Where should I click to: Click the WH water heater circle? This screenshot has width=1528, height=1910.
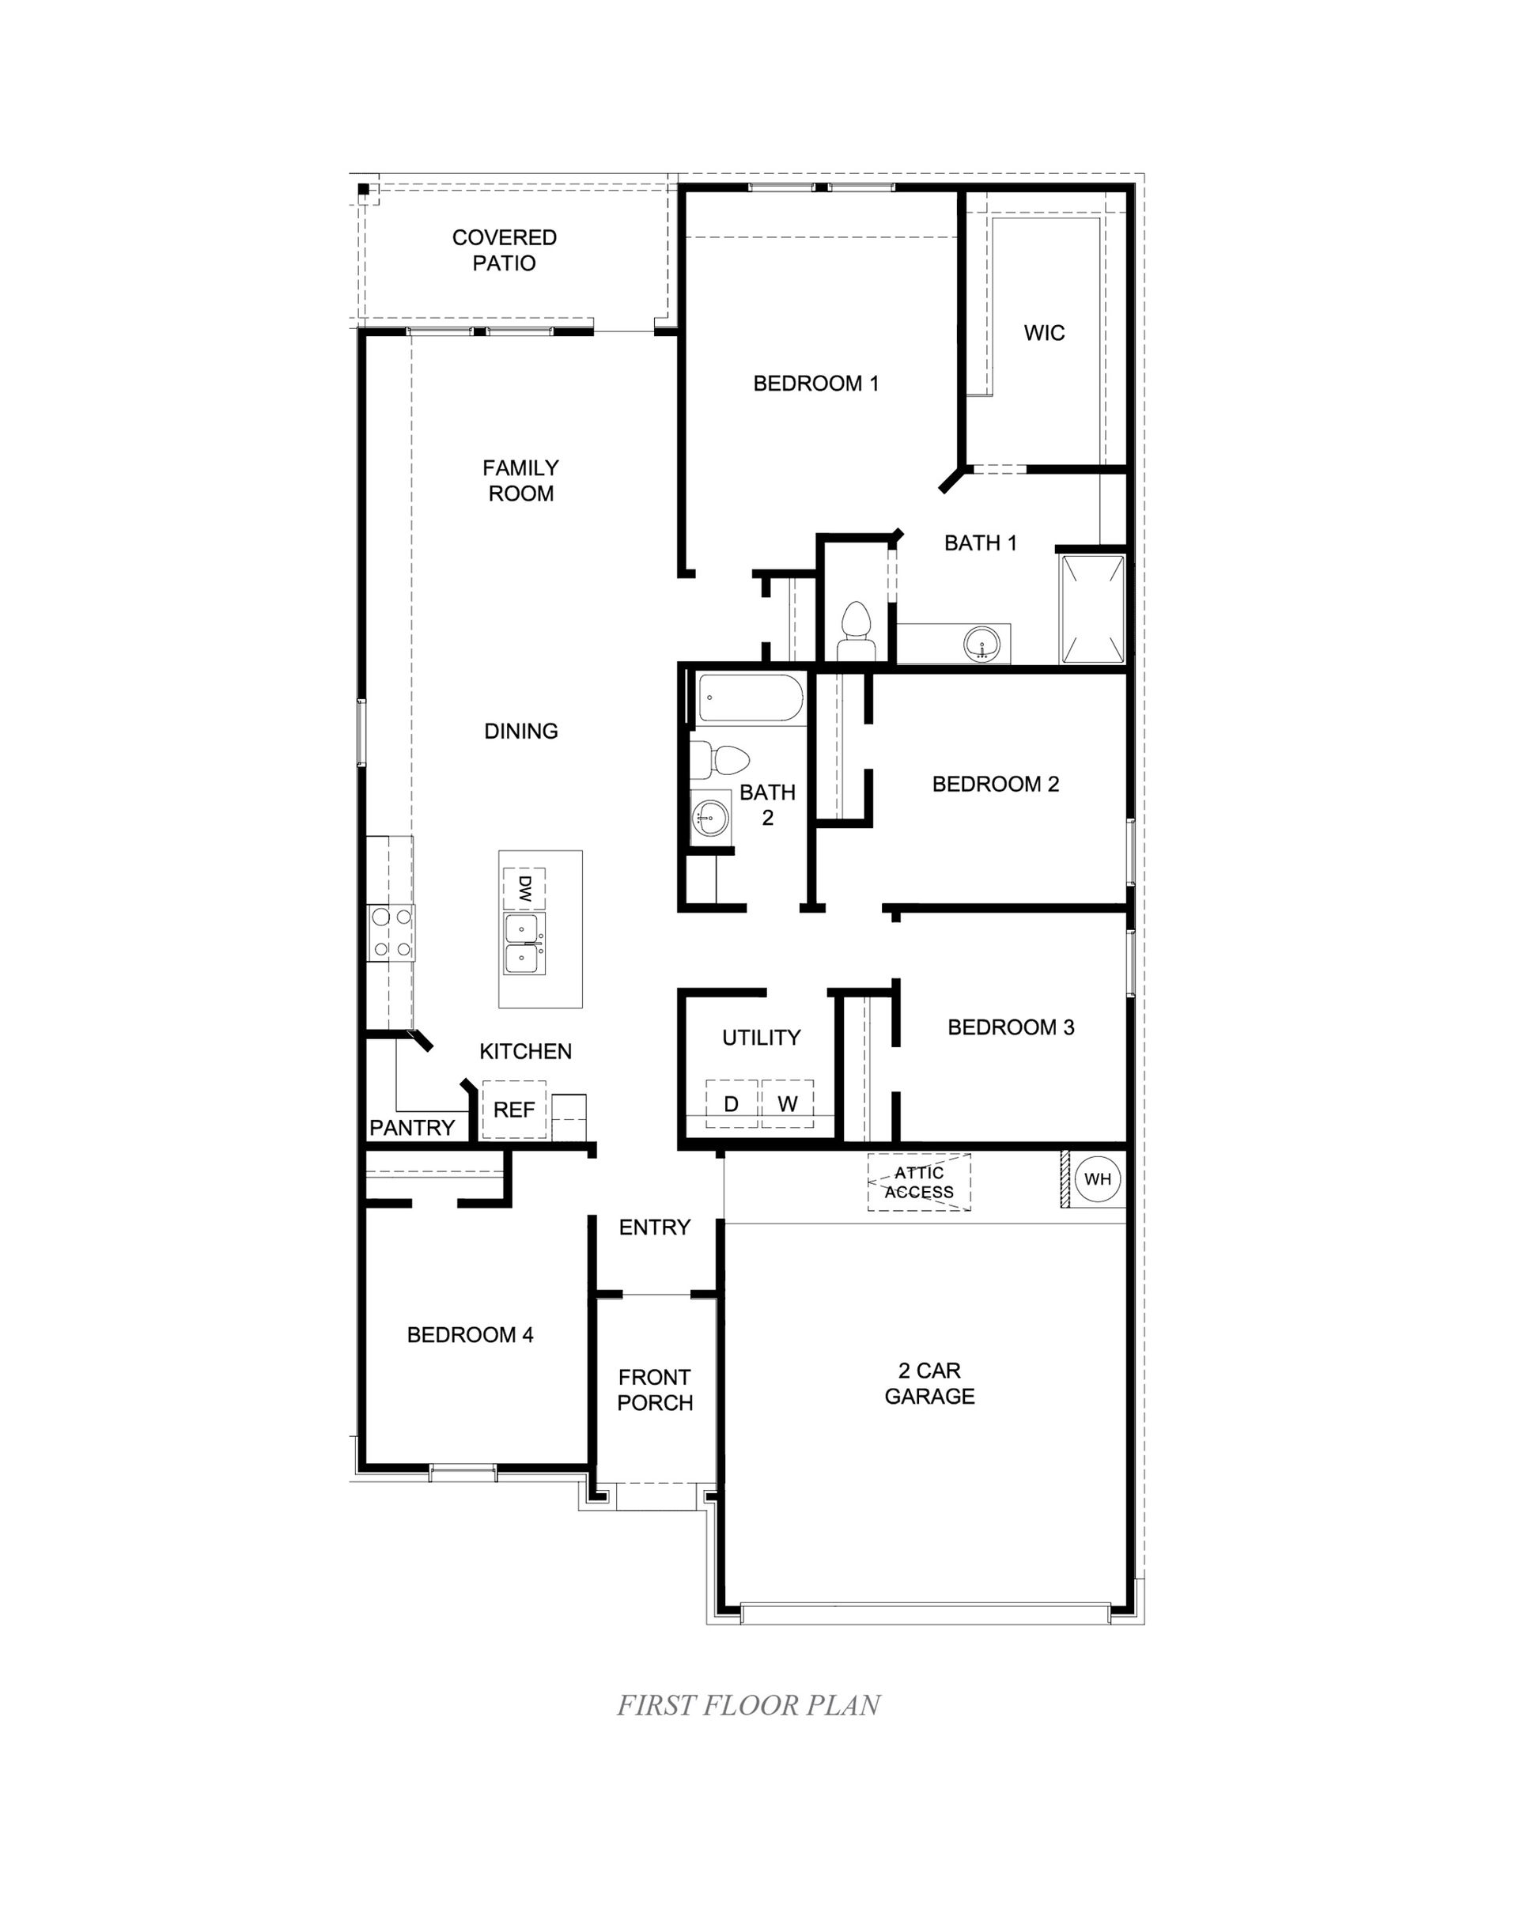point(1097,1179)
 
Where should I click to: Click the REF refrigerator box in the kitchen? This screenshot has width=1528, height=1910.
point(514,1109)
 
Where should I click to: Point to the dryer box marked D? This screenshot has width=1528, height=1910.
point(731,1104)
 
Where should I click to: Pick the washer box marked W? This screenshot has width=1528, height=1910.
point(788,1104)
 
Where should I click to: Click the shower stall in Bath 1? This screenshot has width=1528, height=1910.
point(1093,609)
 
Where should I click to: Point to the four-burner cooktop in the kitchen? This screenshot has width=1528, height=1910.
point(391,932)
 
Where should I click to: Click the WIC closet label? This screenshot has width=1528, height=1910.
point(1043,333)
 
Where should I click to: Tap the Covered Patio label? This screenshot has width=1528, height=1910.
point(504,250)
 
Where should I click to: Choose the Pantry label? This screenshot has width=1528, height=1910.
point(412,1128)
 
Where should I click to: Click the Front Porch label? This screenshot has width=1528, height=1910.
point(655,1389)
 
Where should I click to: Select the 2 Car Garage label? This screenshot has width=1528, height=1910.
point(929,1383)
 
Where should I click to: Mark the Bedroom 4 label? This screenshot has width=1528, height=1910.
point(470,1335)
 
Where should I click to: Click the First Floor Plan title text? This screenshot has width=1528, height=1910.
point(748,1705)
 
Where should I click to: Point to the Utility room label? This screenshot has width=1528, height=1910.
point(761,1038)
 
